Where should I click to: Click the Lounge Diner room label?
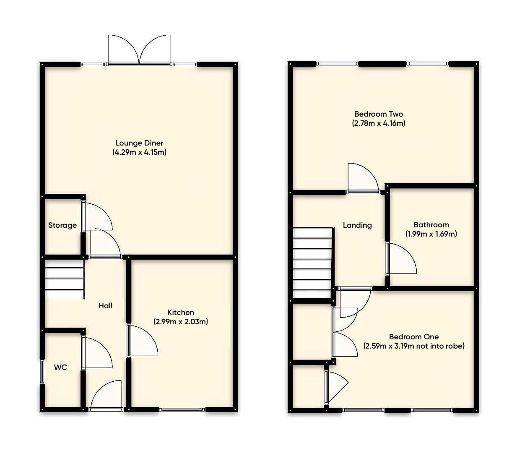(x=139, y=143)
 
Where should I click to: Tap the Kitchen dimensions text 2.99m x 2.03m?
(x=181, y=322)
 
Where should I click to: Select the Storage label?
(x=62, y=225)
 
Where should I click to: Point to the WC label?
(x=60, y=367)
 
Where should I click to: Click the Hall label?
(x=106, y=306)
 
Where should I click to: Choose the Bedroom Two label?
(x=378, y=114)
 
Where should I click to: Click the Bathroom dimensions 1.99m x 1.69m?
(x=431, y=234)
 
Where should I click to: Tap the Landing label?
(x=357, y=225)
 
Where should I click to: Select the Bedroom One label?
(x=414, y=337)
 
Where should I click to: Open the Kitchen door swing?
(x=142, y=341)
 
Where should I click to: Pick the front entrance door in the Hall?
(x=106, y=396)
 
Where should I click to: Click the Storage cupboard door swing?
(x=97, y=217)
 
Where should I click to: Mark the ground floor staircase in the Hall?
(x=64, y=279)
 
